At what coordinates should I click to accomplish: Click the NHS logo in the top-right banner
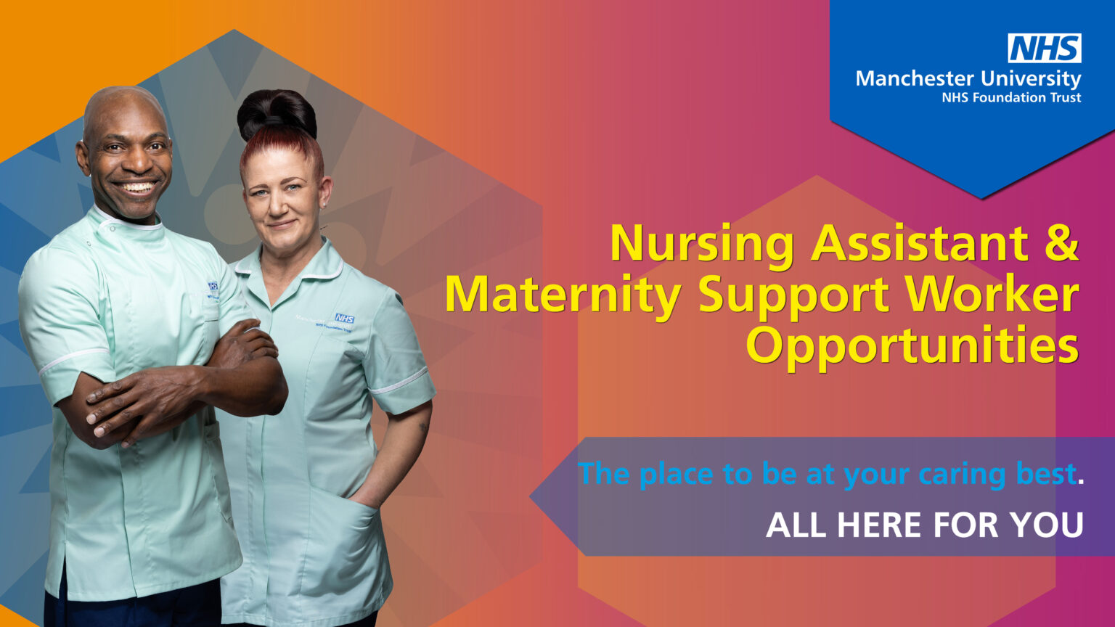click(x=1044, y=49)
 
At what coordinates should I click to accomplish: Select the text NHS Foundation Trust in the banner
click(x=1011, y=97)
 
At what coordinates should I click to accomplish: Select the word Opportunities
click(x=912, y=347)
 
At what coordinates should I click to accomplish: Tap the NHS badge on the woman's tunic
click(x=344, y=319)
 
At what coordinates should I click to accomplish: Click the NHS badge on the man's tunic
click(x=213, y=287)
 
